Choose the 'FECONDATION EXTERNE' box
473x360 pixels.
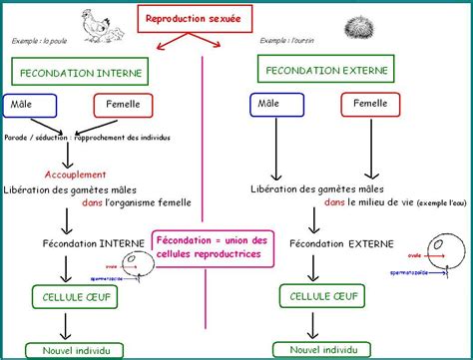(x=325, y=70)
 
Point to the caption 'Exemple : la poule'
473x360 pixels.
(x=40, y=42)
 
